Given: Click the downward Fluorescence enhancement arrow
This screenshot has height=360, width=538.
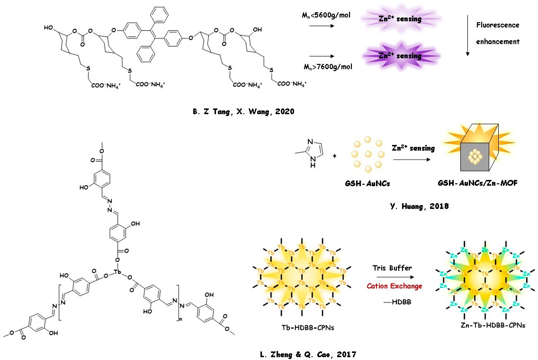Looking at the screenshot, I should click(x=468, y=40).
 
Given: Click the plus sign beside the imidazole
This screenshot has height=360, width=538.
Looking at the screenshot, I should click(x=335, y=155).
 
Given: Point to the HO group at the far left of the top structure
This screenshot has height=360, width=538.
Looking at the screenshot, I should click(x=48, y=27).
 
